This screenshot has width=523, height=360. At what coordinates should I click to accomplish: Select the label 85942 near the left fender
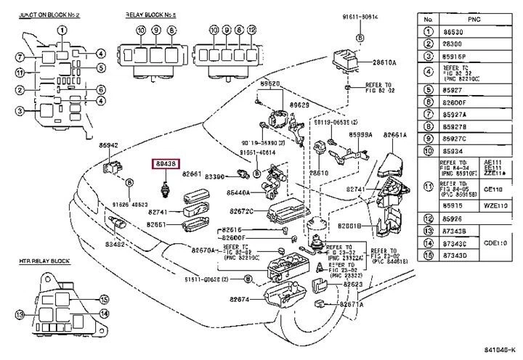pos(108,145)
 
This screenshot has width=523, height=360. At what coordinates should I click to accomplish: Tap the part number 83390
pos(216,176)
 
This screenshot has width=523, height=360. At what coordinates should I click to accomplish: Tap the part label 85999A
pos(361,136)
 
